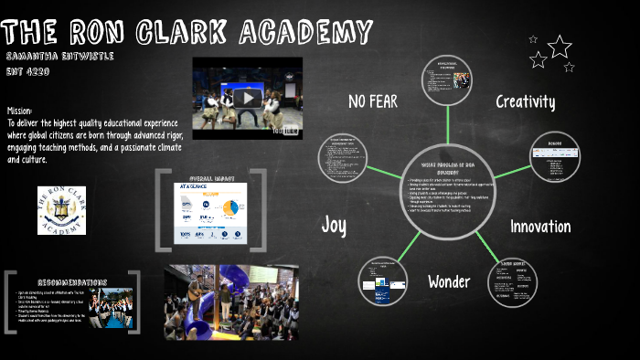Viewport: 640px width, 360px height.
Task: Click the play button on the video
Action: click(x=247, y=98)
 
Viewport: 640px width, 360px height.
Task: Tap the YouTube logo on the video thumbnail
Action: click(x=285, y=131)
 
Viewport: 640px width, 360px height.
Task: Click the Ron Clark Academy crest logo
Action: click(x=61, y=210)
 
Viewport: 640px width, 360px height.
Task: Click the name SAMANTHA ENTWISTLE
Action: click(x=58, y=56)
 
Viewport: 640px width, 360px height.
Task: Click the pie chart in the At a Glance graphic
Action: click(x=229, y=208)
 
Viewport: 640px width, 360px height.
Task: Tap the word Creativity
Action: click(x=526, y=101)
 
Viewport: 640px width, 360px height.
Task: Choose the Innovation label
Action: click(x=540, y=227)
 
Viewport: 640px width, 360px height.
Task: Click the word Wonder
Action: click(x=448, y=281)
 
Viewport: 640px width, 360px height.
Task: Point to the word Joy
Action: click(x=334, y=225)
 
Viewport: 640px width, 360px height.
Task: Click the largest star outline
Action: click(x=559, y=47)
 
